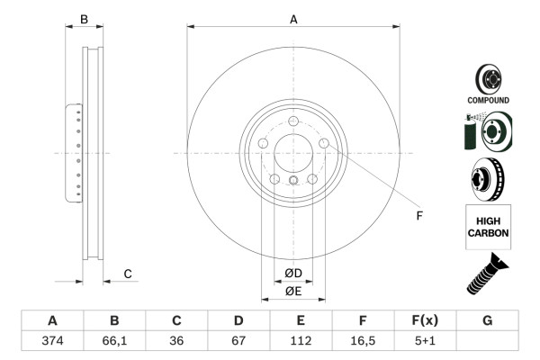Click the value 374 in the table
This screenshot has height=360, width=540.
(x=52, y=340)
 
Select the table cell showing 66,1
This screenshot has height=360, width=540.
(x=114, y=340)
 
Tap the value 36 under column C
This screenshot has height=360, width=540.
(x=177, y=340)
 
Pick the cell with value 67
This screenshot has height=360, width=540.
(x=238, y=340)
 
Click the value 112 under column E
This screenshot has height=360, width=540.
(x=301, y=340)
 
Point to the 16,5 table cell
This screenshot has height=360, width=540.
(x=363, y=340)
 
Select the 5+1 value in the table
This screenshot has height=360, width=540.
(x=425, y=340)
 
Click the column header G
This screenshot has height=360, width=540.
(x=487, y=320)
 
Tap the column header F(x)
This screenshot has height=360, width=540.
(x=425, y=320)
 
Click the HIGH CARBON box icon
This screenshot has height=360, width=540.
(x=488, y=226)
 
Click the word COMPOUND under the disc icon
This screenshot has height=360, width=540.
(x=488, y=100)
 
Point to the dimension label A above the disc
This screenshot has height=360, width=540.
(x=293, y=18)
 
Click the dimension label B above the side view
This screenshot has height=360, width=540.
(x=85, y=18)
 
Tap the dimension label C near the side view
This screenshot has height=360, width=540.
(x=128, y=273)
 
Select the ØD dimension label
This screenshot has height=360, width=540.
(x=293, y=273)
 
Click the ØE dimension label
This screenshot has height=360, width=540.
(x=293, y=291)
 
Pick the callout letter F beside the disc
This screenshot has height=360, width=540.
(x=418, y=216)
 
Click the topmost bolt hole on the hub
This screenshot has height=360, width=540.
(x=293, y=123)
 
